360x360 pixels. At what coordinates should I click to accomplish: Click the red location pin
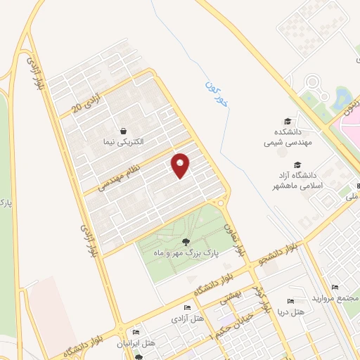point(181,166)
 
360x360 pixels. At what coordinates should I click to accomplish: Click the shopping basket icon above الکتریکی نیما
point(124,131)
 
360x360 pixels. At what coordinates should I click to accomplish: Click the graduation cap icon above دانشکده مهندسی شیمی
point(287,122)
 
